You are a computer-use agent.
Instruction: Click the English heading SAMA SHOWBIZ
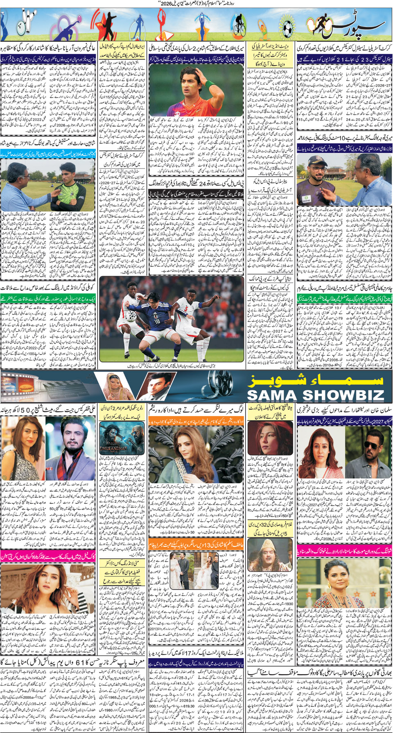[x=315, y=395]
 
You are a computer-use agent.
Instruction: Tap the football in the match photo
[x=131, y=316]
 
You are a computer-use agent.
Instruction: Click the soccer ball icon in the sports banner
[x=288, y=29]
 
